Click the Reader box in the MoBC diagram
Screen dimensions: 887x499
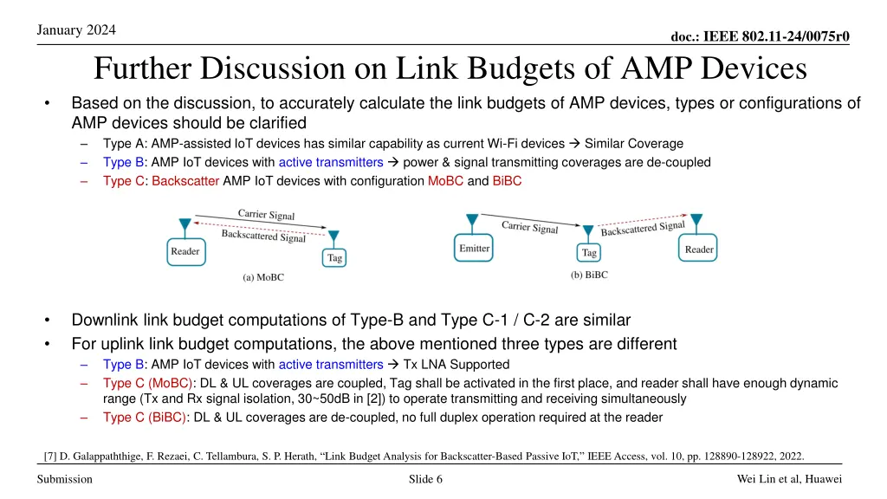point(185,252)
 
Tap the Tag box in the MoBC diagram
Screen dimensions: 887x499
point(333,257)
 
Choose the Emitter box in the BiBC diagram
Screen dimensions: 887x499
point(474,249)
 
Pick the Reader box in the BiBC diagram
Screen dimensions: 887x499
point(699,249)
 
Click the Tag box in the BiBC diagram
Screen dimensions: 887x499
point(589,253)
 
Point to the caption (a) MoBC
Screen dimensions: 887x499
point(262,278)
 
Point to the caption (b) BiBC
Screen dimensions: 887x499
point(589,275)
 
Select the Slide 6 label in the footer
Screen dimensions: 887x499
point(425,480)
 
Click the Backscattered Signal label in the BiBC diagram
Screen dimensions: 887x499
point(642,228)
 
